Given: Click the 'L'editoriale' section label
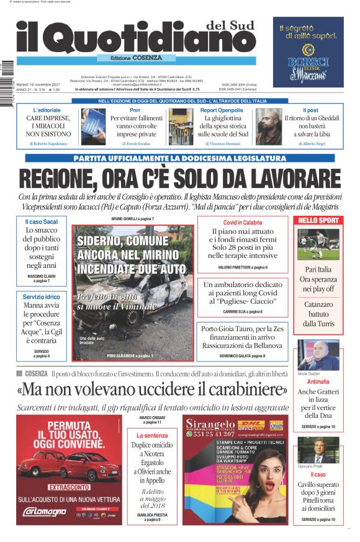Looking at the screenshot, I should click(x=47, y=110).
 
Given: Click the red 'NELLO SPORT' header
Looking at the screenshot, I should click(x=318, y=220).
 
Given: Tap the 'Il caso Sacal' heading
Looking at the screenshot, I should click(x=42, y=221).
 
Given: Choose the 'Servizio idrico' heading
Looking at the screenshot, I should click(x=42, y=296).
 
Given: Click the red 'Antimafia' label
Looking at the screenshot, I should click(x=318, y=382).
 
